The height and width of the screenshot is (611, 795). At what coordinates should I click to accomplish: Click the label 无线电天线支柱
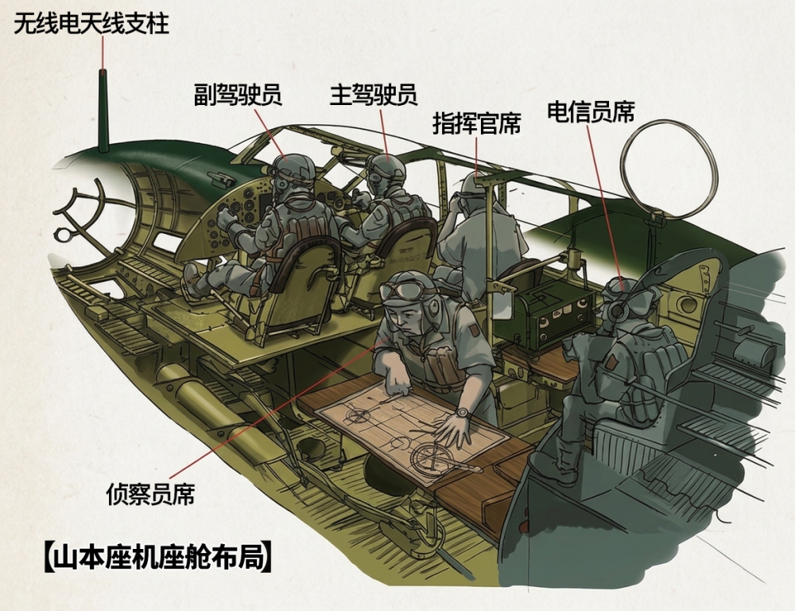(91, 23)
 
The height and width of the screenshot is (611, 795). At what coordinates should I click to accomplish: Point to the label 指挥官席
(476, 123)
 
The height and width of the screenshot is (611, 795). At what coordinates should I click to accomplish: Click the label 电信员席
(591, 111)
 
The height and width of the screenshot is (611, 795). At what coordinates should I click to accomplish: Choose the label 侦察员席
(150, 493)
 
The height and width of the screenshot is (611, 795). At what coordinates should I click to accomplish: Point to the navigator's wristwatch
(462, 413)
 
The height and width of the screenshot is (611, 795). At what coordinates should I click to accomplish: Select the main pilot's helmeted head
(386, 173)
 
